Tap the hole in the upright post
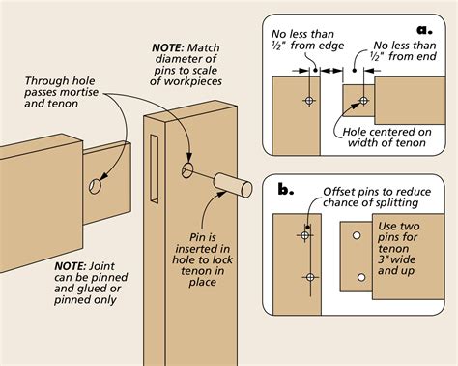(x=186, y=172)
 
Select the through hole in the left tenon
(x=96, y=185)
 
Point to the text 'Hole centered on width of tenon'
(x=386, y=139)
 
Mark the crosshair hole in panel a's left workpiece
(x=308, y=100)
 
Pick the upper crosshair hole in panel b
(x=305, y=234)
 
